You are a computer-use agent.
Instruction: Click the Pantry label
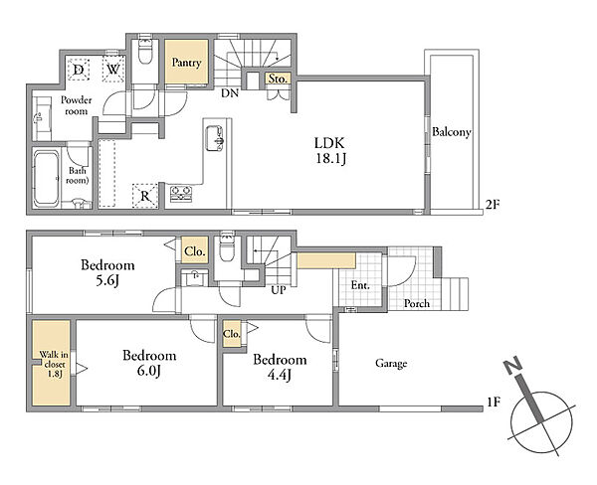point(186,63)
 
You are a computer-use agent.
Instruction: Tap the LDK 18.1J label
point(330,151)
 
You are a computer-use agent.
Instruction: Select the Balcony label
point(451,132)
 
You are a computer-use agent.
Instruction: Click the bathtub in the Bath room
point(46,178)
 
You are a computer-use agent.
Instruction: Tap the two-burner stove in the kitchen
point(181,194)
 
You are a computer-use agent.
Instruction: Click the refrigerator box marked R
point(144,196)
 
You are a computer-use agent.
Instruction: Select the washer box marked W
point(113,70)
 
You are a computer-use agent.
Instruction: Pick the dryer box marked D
point(79,70)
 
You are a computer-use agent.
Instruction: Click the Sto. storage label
point(278,79)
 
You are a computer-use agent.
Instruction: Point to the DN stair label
point(230,92)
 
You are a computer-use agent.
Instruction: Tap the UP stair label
point(279,290)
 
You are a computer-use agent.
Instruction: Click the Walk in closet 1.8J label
point(54,364)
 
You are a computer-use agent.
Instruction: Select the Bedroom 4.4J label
point(280,367)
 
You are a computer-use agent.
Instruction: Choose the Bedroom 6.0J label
point(149,363)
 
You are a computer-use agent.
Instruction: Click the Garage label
point(391,364)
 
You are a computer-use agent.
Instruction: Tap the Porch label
point(417,303)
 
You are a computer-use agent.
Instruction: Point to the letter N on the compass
point(513,365)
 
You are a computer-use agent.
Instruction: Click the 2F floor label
point(492,205)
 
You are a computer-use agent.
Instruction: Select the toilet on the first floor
point(227,249)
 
